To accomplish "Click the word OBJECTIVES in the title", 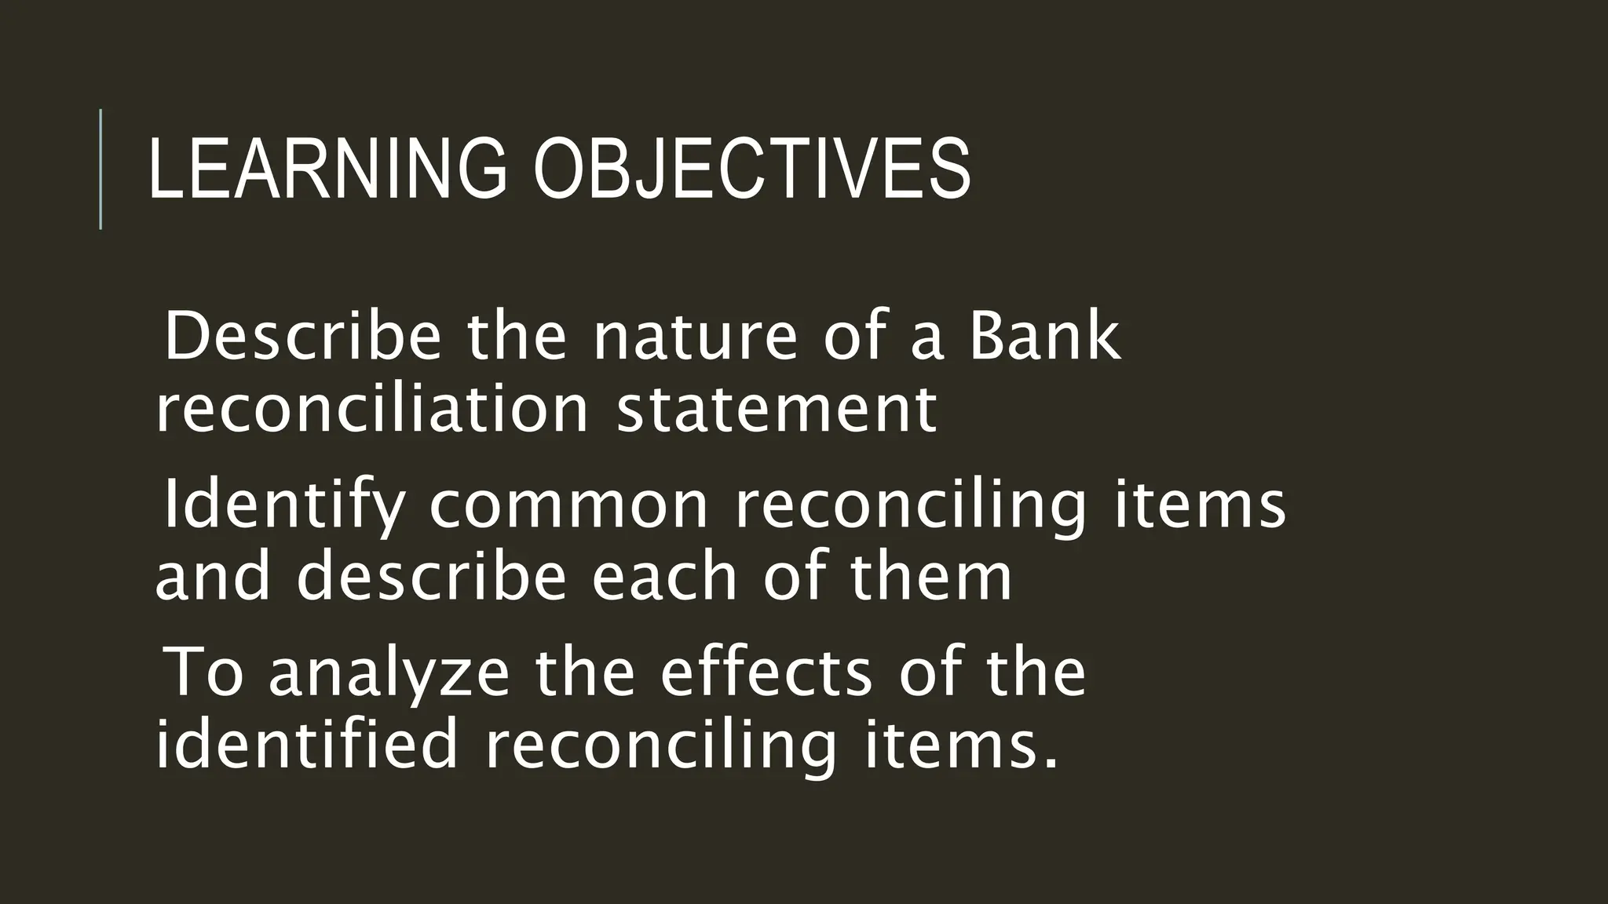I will click(x=752, y=169).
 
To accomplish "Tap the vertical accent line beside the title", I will click(x=100, y=169).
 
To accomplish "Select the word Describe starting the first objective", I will click(x=302, y=337).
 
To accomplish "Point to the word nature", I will click(x=695, y=337).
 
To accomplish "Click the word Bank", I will click(x=1044, y=337).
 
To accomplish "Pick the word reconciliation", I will click(x=371, y=410).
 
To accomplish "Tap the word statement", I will click(x=777, y=410).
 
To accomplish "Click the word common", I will click(x=569, y=506).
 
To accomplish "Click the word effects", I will click(x=766, y=673).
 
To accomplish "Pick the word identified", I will click(x=306, y=745).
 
